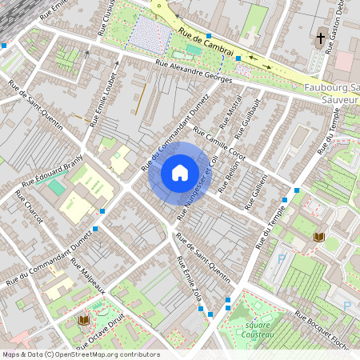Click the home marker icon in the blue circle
click(x=180, y=172)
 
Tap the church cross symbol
click(x=321, y=38)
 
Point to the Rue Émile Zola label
click(x=190, y=281)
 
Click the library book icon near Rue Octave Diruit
click(x=83, y=320)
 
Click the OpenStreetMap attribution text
click(x=81, y=354)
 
